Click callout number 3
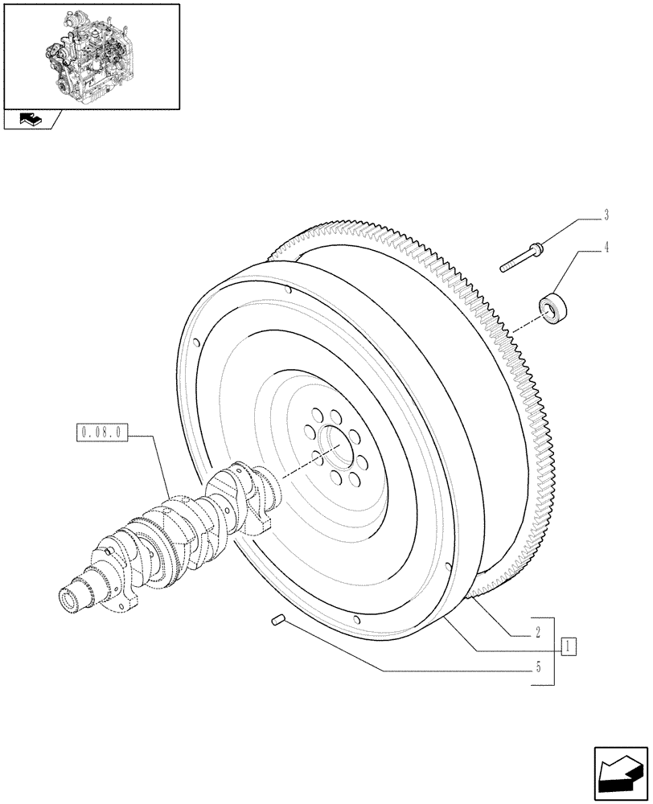click(x=606, y=215)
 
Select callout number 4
click(x=606, y=248)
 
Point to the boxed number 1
click(x=569, y=645)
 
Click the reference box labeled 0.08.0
click(x=101, y=433)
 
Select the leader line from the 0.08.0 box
click(x=153, y=470)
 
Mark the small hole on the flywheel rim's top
click(x=287, y=292)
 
